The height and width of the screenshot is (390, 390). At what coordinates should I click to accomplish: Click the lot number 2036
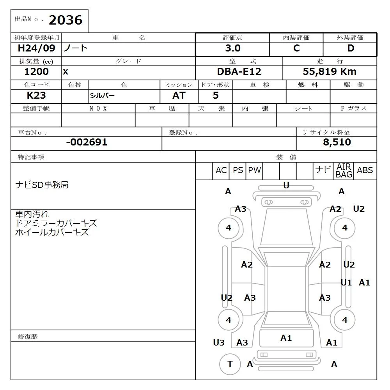tap(65, 20)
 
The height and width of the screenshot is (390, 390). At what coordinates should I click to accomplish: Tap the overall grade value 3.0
tap(232, 48)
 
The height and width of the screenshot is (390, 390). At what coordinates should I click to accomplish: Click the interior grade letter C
tap(296, 48)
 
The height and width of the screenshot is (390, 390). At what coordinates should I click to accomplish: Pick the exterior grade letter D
tap(351, 48)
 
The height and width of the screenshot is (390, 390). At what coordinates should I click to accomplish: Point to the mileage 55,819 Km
tap(330, 72)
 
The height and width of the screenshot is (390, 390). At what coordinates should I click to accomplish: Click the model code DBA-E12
tap(239, 72)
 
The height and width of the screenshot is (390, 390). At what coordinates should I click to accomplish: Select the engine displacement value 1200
tap(36, 72)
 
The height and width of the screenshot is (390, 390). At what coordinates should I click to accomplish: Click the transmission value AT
tap(179, 95)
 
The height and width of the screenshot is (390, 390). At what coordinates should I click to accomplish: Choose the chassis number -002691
tap(87, 142)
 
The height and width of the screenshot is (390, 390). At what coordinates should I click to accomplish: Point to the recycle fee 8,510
tap(337, 142)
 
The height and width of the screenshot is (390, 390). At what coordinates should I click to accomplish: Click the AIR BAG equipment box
tap(344, 171)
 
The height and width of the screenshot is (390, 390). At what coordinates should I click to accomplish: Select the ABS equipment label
tap(365, 170)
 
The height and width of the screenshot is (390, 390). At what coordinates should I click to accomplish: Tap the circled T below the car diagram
tap(230, 364)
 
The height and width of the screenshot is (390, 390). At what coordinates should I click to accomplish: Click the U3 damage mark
tap(219, 342)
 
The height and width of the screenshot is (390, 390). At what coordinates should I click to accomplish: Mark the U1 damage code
tap(346, 283)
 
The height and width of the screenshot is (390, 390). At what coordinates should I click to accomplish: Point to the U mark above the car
tap(286, 186)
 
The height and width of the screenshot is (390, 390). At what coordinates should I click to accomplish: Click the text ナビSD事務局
tap(42, 185)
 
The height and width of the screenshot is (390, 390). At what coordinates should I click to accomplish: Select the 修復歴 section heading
tap(28, 336)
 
